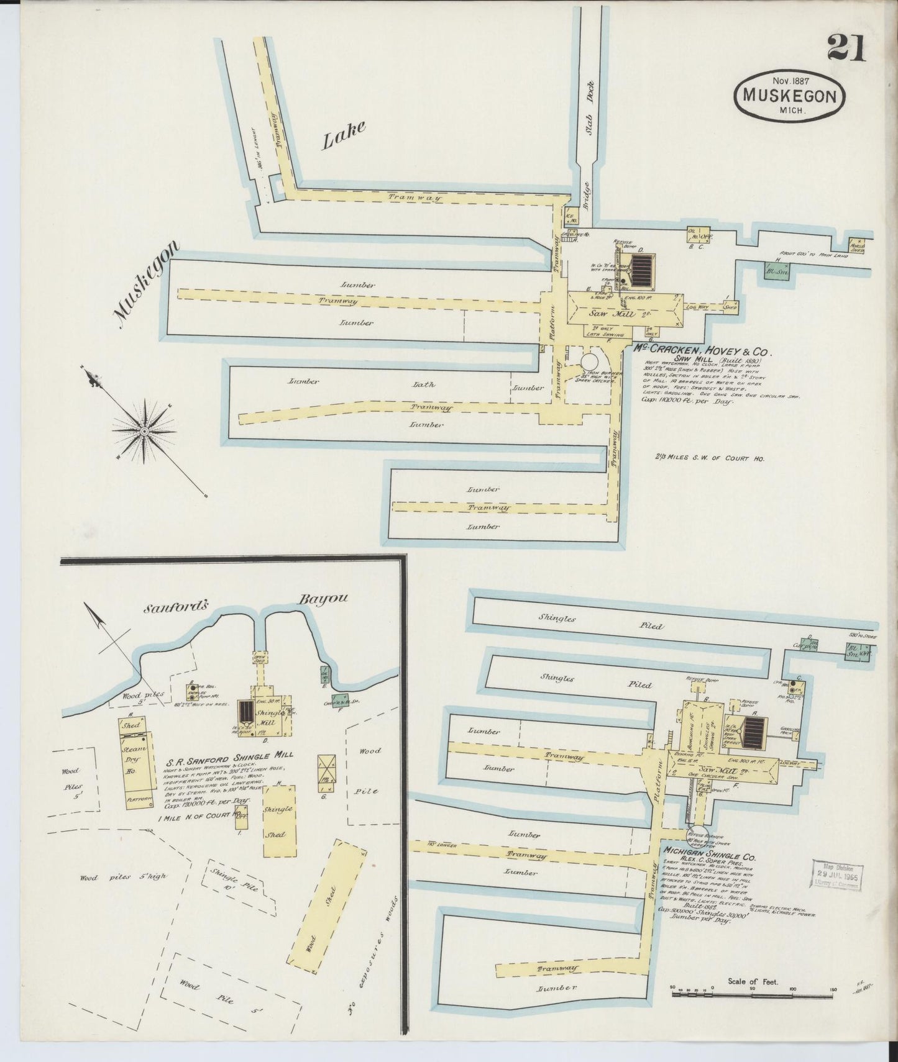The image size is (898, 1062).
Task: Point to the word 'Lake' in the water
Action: point(342,135)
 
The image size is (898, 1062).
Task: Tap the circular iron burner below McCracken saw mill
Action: point(588,362)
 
